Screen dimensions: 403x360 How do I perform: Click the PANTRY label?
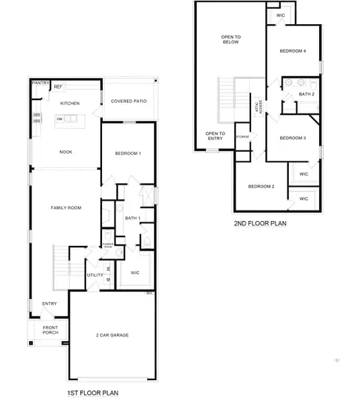point(41,83)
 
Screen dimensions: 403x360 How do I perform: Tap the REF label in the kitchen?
point(58,87)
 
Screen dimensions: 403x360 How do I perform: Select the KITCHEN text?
point(70,103)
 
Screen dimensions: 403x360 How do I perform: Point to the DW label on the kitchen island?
point(60,120)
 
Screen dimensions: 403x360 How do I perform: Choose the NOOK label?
point(65,152)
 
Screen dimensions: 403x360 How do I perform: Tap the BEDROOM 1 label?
point(128,154)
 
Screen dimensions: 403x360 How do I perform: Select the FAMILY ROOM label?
point(66,208)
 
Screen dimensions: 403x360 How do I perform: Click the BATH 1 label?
point(132,218)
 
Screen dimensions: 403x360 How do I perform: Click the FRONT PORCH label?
point(50,330)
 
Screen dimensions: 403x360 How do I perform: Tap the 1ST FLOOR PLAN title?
point(95,392)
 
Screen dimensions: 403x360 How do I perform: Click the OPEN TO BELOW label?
point(231,40)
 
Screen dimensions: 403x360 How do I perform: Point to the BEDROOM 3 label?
point(293,138)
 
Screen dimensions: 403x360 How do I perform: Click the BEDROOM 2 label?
point(261,186)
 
